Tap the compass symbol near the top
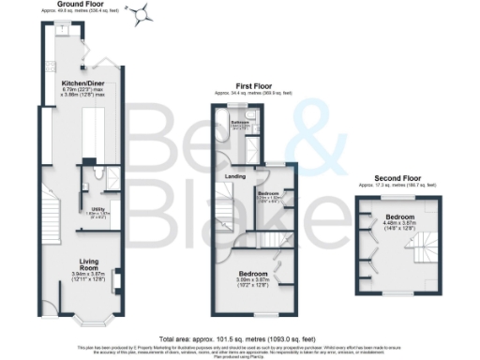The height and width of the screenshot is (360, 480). (142, 12)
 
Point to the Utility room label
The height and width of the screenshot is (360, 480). (97, 210)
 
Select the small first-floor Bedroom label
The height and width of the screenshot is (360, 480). (270, 193)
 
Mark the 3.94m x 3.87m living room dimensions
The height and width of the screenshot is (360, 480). (90, 277)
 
